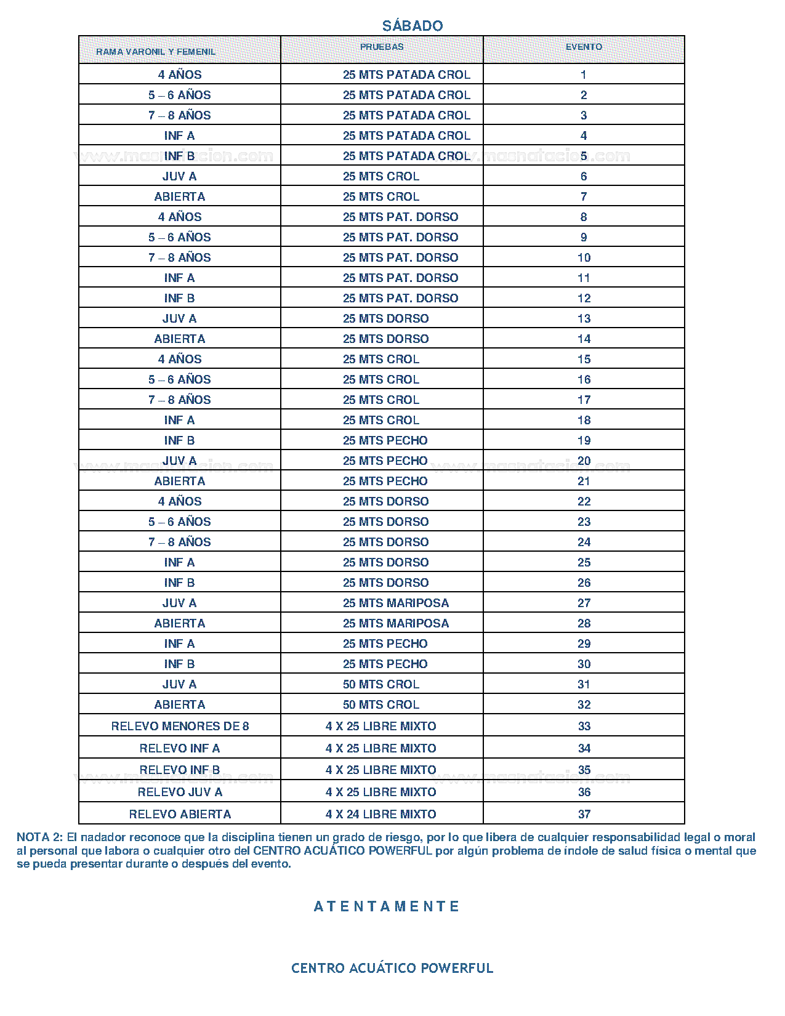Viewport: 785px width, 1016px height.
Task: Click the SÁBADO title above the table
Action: tap(412, 26)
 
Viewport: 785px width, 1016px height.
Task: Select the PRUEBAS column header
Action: tap(382, 47)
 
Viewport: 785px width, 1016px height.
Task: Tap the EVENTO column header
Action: tap(584, 47)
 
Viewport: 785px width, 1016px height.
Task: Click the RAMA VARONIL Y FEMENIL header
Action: tap(156, 52)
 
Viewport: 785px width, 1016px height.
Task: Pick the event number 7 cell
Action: tap(584, 196)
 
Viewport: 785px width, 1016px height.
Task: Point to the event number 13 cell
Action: tap(584, 318)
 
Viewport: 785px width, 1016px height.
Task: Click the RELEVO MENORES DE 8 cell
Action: tap(180, 726)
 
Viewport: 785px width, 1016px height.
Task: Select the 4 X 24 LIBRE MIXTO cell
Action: tap(380, 814)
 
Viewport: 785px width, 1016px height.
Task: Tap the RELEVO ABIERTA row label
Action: tap(180, 814)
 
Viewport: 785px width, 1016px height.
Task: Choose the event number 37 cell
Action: tap(584, 814)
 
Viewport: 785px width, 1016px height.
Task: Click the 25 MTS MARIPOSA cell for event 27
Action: tap(396, 603)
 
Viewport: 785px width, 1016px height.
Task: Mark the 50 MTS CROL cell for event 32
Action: tap(380, 704)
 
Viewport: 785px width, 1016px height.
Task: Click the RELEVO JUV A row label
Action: tap(180, 792)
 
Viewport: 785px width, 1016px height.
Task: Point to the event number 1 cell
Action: tap(584, 75)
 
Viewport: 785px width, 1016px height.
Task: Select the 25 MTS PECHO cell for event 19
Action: tap(385, 440)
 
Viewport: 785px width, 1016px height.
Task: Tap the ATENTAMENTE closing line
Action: tap(387, 906)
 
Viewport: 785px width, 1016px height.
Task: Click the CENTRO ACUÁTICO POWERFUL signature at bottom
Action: tap(392, 968)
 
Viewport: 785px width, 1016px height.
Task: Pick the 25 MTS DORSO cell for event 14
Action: tap(385, 339)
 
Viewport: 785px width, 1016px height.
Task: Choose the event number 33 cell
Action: tap(584, 726)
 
